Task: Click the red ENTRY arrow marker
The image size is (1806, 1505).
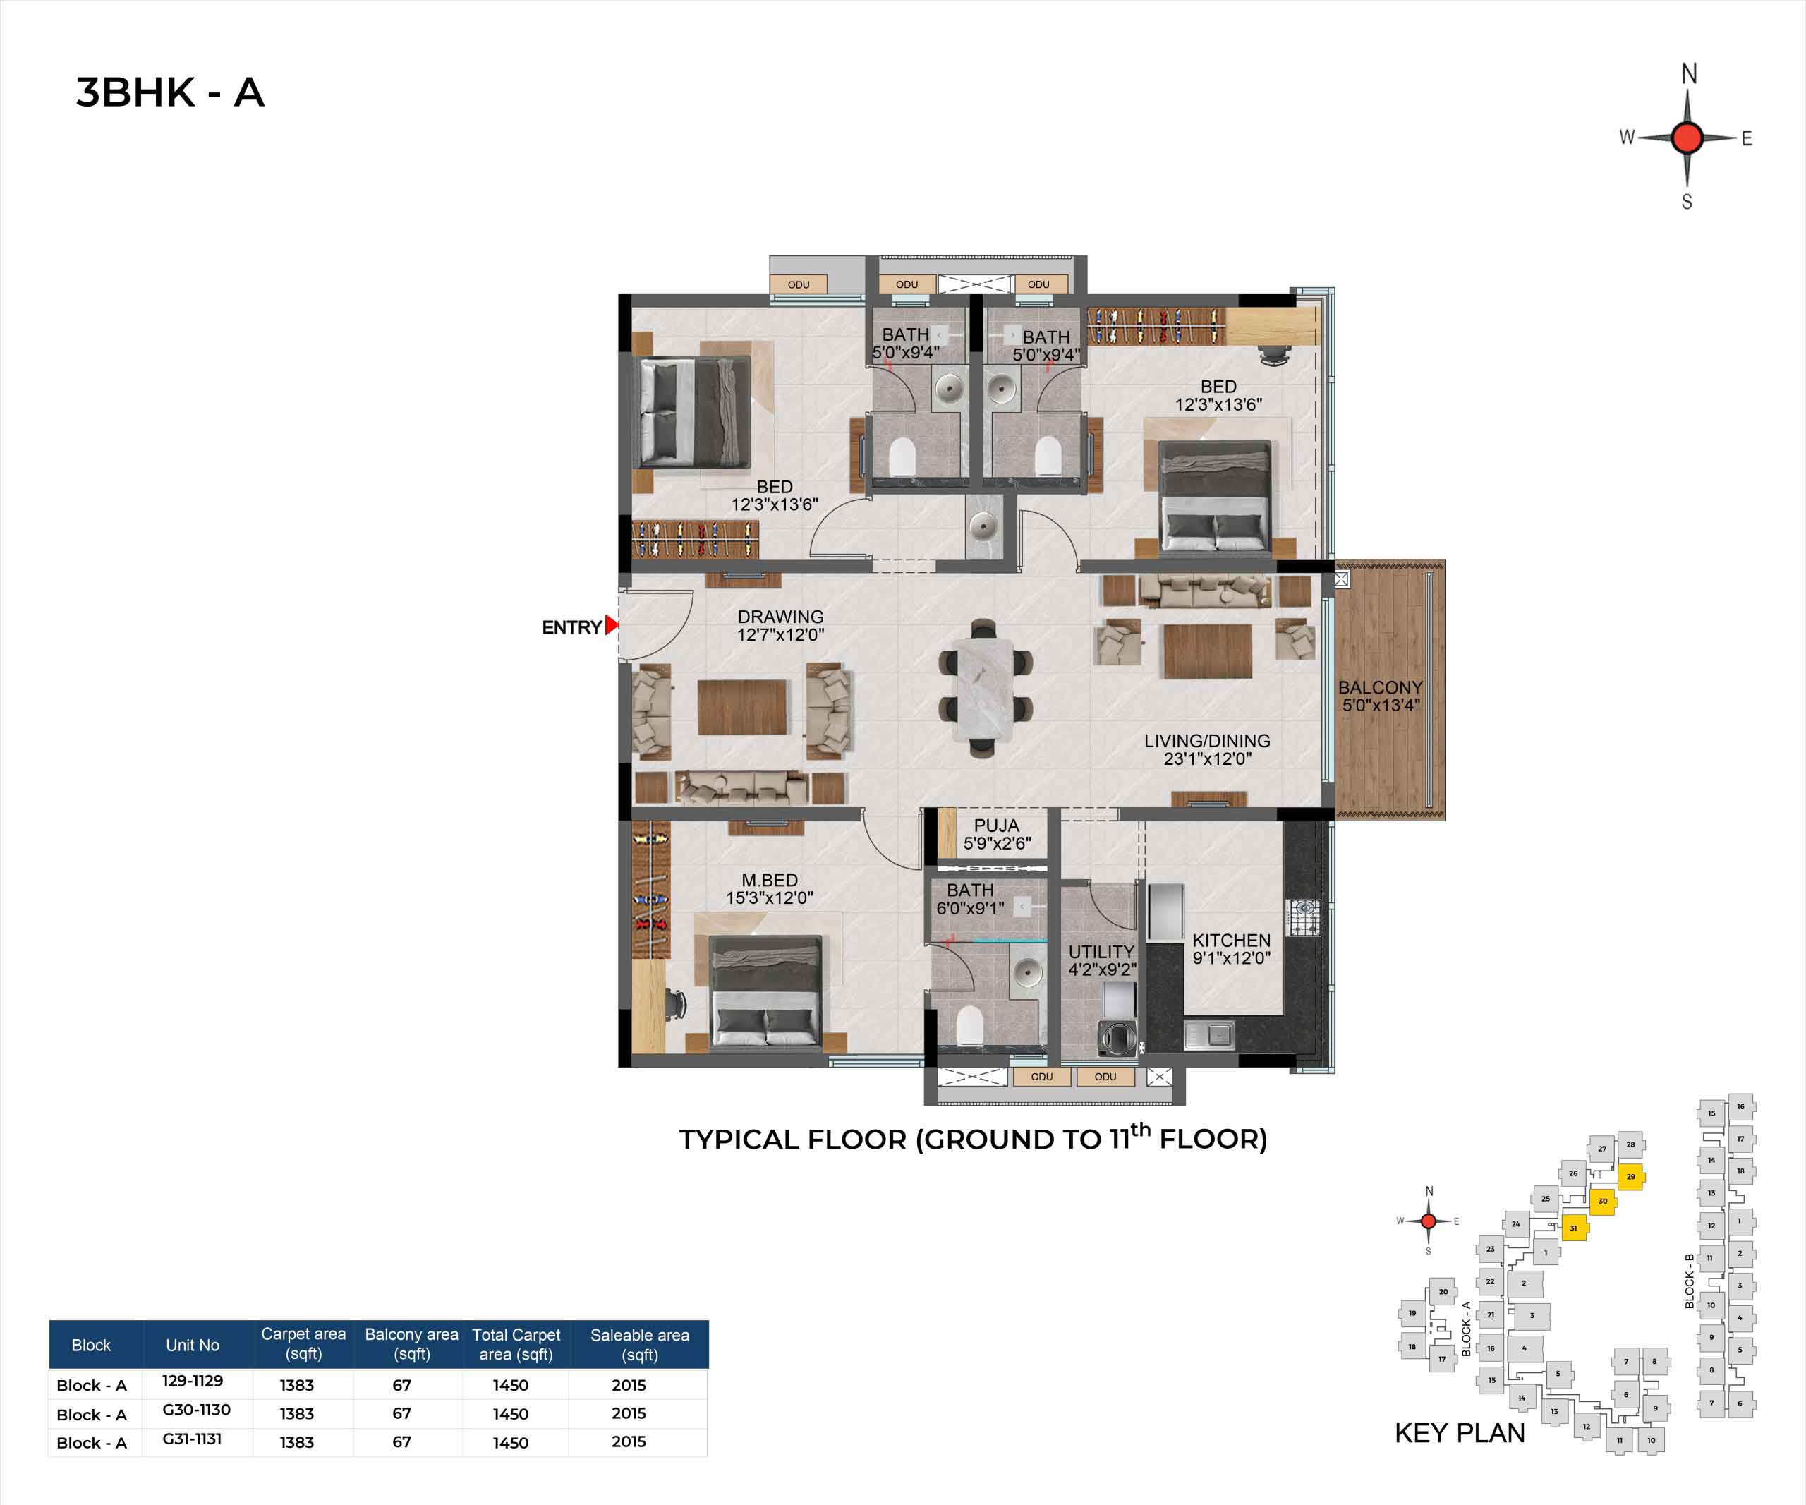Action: tap(612, 625)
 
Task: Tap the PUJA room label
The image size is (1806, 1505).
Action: tap(997, 826)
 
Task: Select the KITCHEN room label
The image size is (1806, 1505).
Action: tap(1230, 941)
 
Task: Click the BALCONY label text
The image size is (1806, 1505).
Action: tap(1381, 688)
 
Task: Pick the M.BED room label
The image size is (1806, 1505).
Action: tap(770, 880)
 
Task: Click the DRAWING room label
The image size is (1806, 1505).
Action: tap(780, 617)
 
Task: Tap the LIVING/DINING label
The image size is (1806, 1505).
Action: tap(1206, 740)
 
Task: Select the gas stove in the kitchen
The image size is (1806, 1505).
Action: tap(1304, 918)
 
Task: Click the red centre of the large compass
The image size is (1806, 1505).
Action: tap(1687, 137)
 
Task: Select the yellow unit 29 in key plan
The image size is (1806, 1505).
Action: tap(1630, 1176)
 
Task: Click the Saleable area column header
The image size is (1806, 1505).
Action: tap(640, 1344)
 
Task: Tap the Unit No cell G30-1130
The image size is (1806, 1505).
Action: tap(196, 1410)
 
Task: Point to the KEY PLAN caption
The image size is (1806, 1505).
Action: tap(1460, 1433)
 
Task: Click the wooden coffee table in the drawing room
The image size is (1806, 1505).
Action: tap(742, 707)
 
